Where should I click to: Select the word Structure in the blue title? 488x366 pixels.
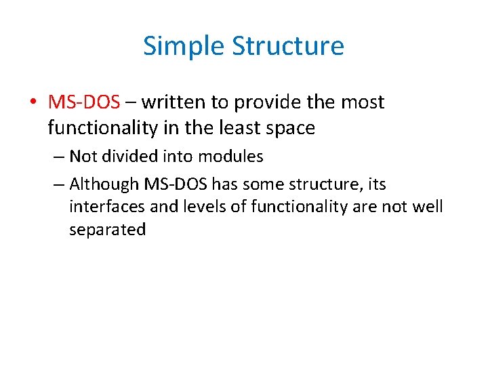point(288,47)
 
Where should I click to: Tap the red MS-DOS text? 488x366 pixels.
point(84,102)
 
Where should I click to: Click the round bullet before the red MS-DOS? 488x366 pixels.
point(33,103)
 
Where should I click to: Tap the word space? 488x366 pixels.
point(291,129)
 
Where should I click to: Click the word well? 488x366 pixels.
point(428,206)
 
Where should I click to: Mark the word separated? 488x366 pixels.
point(107,230)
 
